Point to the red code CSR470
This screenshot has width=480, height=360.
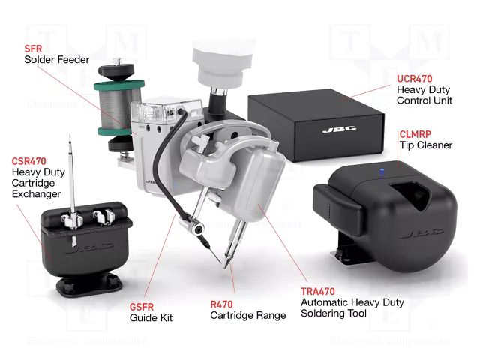coord(29,161)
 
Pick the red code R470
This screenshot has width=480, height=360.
coord(225,304)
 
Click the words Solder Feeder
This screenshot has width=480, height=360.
coord(57,59)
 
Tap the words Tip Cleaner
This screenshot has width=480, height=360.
coord(426,145)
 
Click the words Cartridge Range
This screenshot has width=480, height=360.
coord(247,316)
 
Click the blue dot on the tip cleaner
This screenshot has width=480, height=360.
coord(379,173)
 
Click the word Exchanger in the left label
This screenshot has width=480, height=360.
coord(36,195)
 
